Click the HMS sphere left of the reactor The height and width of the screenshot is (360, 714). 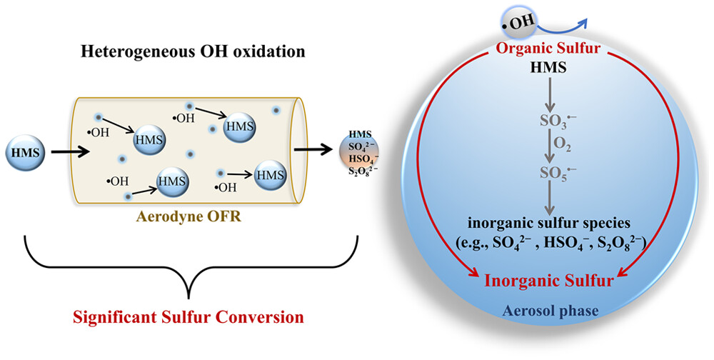click(x=25, y=152)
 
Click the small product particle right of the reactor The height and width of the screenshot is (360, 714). click(x=358, y=152)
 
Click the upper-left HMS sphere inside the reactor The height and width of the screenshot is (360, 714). click(x=149, y=139)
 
